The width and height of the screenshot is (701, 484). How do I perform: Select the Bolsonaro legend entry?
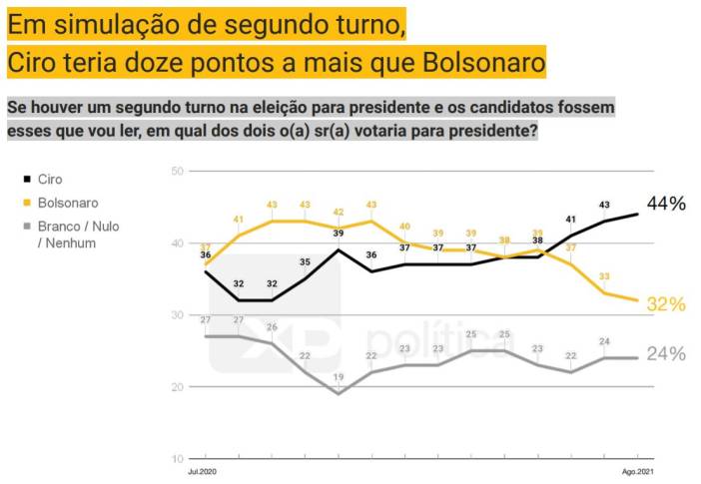pos(66,203)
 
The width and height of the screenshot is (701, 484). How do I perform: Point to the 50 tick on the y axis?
pos(177,172)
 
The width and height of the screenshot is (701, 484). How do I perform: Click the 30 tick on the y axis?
pos(177,315)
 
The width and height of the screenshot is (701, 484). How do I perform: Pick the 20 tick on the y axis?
pos(177,387)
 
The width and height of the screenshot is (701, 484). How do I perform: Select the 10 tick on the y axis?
pos(177,459)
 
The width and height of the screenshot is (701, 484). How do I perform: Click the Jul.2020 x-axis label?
pos(201,471)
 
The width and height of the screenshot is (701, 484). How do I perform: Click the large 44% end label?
pos(666,205)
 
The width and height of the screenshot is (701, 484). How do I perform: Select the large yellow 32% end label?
pos(666,304)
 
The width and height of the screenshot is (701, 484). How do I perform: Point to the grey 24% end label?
pos(666,354)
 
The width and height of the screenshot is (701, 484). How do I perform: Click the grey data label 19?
pos(339,377)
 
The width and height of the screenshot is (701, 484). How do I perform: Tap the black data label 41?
pos(571,220)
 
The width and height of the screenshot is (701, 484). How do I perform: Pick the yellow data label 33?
pos(604,276)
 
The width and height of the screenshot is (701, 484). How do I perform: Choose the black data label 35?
pos(305,262)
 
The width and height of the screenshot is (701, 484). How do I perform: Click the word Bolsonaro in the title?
pos(482,63)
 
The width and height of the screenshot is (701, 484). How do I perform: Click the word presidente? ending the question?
pos(486,131)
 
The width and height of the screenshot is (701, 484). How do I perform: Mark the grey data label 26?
pos(272,328)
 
